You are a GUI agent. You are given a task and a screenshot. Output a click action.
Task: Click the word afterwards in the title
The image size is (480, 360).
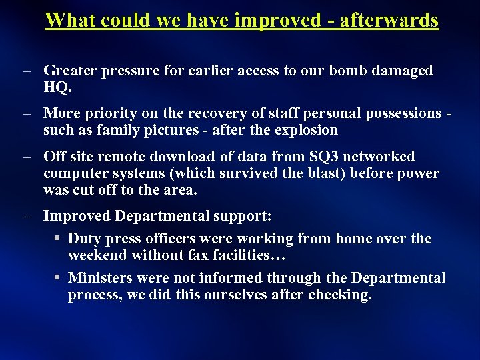pyautogui.click(x=389, y=20)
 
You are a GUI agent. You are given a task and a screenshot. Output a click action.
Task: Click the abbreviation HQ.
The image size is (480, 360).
pyautogui.click(x=55, y=87)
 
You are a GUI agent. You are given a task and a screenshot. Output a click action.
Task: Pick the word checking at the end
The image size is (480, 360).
pyautogui.click(x=340, y=295)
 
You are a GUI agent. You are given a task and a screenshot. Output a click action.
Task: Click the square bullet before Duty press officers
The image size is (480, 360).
pyautogui.click(x=58, y=239)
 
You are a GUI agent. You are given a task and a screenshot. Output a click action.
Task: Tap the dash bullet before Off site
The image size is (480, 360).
pyautogui.click(x=28, y=157)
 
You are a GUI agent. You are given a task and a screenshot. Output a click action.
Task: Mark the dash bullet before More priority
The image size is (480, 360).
pyautogui.click(x=28, y=113)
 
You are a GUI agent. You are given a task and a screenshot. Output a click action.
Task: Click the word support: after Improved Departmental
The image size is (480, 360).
pyautogui.click(x=247, y=217)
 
